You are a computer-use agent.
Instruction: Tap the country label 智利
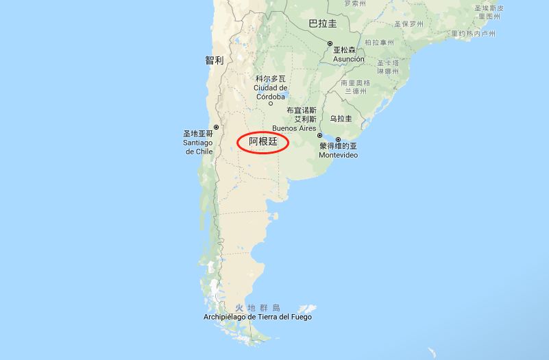point(214,60)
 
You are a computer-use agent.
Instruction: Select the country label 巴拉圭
point(323,23)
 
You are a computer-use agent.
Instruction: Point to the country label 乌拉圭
point(341,119)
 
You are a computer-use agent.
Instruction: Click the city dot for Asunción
point(330,43)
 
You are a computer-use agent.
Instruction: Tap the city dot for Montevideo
point(338,140)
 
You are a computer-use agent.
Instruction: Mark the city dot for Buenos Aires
point(319,136)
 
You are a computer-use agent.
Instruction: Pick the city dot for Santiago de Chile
point(216,127)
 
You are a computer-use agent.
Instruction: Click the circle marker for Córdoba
point(270,104)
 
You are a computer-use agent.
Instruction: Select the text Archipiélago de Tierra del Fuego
point(258,317)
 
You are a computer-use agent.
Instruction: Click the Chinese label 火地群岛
point(258,308)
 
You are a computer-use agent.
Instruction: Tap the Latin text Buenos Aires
point(294,128)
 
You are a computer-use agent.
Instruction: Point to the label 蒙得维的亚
point(338,147)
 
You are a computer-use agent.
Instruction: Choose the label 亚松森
point(345,51)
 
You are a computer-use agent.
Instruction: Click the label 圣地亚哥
point(198,134)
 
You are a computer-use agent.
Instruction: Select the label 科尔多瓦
point(270,80)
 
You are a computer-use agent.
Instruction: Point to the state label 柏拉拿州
point(379,43)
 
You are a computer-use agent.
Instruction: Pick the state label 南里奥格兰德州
point(356,87)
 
